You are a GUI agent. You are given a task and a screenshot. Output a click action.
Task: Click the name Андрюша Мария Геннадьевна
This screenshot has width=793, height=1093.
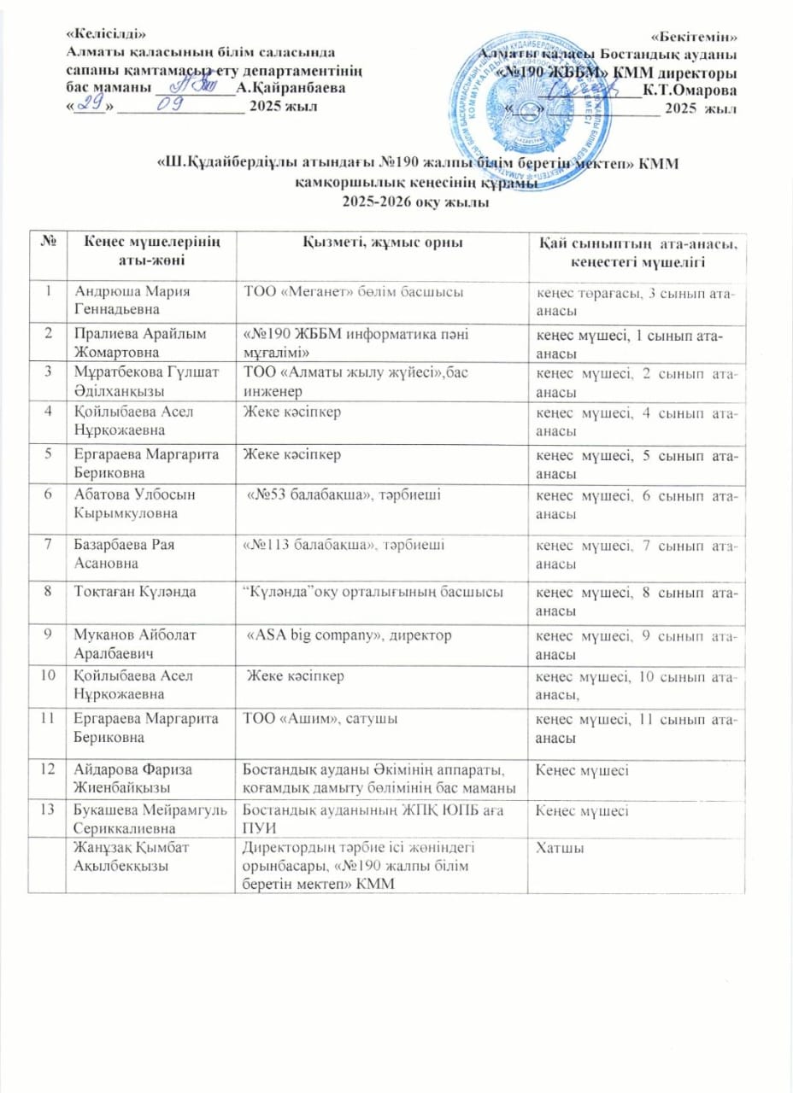pyautogui.click(x=129, y=301)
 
